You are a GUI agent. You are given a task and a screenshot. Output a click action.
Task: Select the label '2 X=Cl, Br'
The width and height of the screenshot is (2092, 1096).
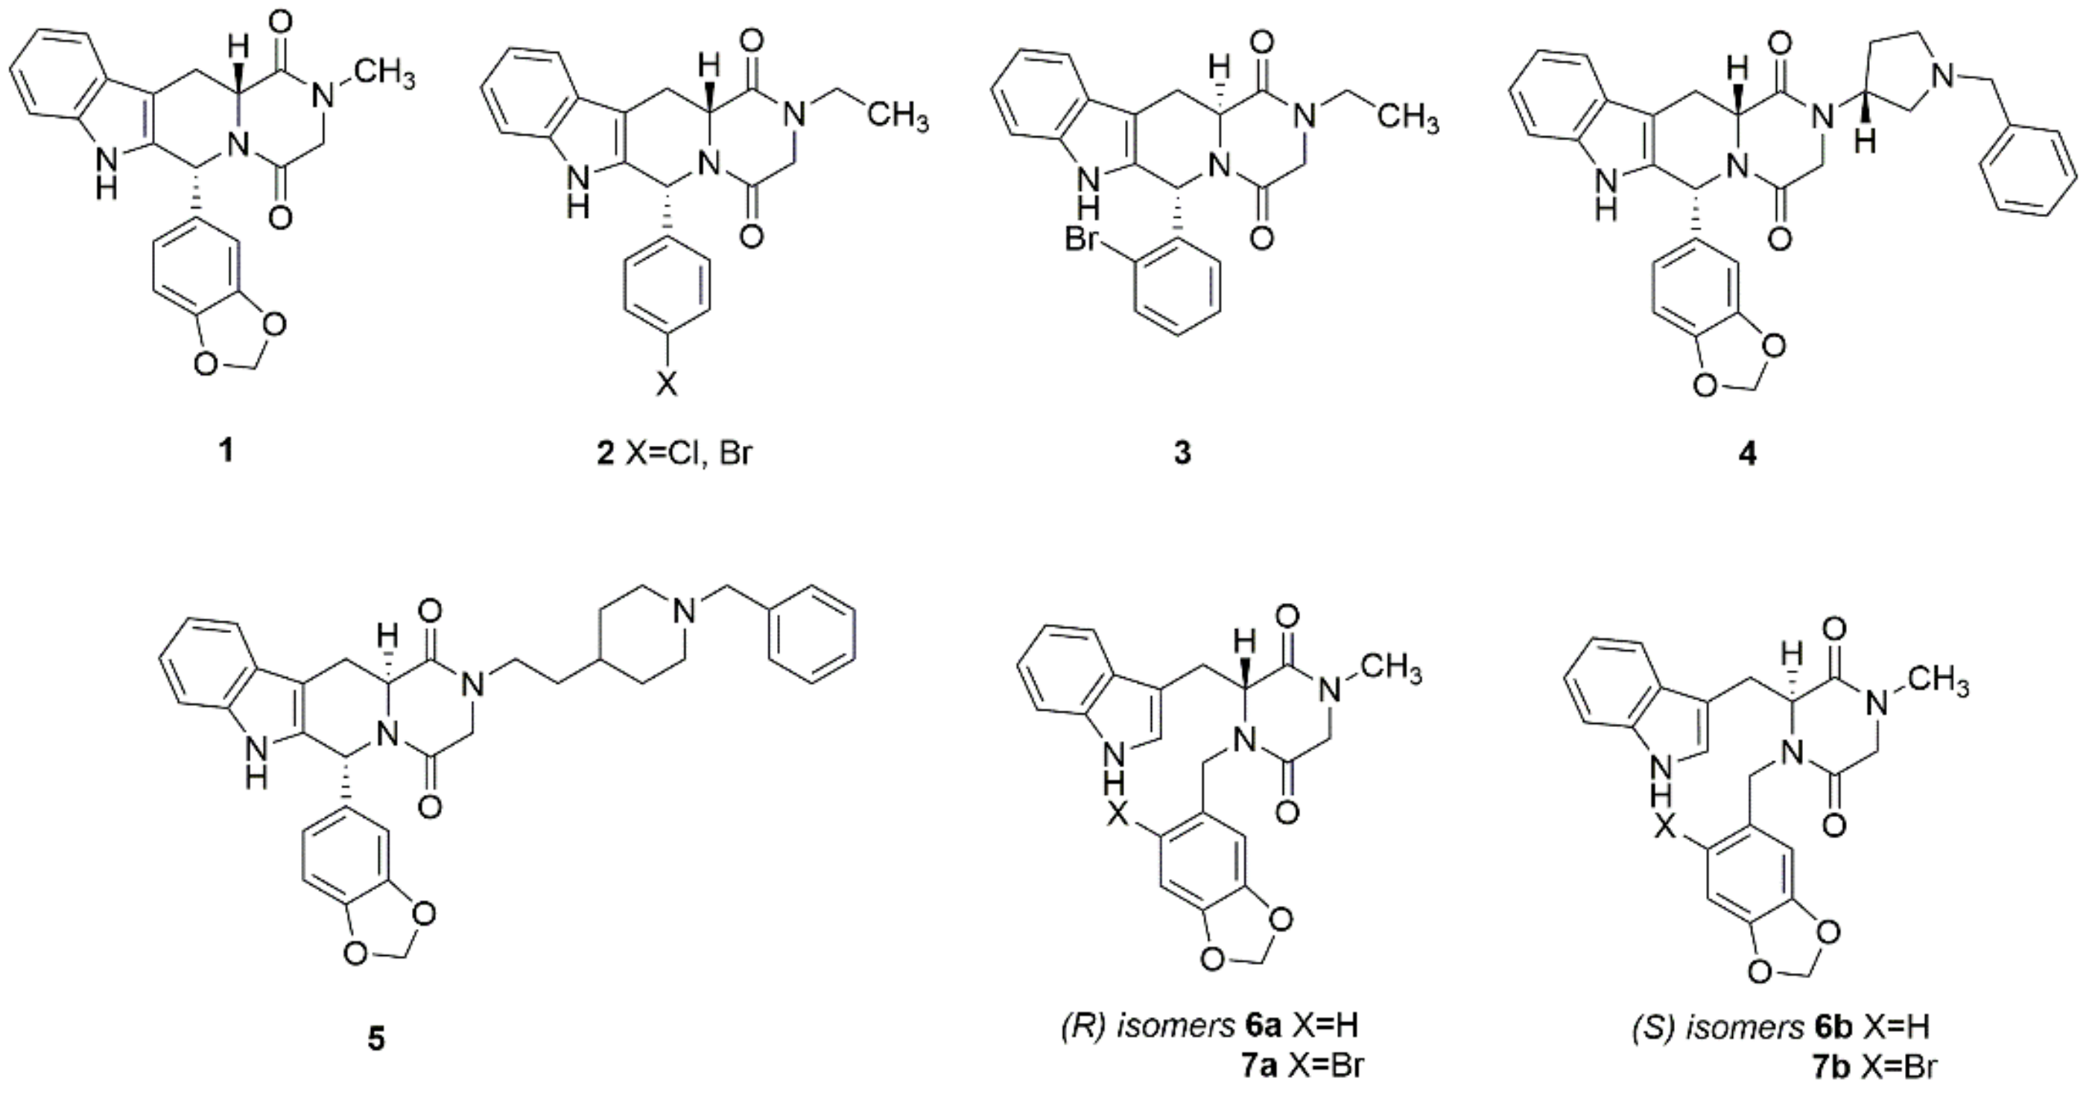coord(674,452)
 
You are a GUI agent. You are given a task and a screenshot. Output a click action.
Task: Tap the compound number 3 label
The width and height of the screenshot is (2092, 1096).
coord(1182,452)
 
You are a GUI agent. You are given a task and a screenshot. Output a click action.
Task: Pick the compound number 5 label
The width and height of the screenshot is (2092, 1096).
coord(375,1040)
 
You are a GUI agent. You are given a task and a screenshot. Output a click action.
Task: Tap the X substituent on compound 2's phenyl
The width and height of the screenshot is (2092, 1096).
coord(665,384)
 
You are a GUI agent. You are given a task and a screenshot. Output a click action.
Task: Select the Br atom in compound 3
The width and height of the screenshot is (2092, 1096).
coord(1081,242)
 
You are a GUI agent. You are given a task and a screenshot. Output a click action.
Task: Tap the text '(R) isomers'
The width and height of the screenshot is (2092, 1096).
coord(1147,1026)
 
